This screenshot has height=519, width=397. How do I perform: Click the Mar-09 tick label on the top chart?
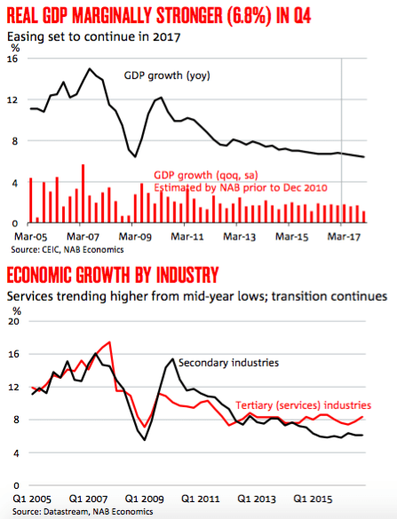coord(135,237)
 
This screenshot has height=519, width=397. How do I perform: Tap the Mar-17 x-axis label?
coord(344,237)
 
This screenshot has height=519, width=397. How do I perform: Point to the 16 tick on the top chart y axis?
coord(12,59)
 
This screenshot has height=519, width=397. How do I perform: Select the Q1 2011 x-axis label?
coord(201,499)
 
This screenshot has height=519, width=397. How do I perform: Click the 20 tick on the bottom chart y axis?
coord(13,321)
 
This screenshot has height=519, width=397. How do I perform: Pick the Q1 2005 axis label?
coord(32,499)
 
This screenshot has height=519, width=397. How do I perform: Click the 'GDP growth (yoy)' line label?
coord(167,75)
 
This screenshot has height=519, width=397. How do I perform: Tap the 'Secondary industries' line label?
coord(228,363)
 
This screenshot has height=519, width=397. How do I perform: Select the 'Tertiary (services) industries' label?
coord(303,405)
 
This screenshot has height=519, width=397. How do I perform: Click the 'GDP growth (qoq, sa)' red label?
coord(206,175)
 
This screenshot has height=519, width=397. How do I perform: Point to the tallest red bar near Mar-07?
coord(83,193)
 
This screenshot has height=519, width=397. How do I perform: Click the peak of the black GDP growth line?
coord(89,68)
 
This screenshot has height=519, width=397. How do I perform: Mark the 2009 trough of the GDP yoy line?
coord(135,156)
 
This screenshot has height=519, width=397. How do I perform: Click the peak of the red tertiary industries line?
coord(110,342)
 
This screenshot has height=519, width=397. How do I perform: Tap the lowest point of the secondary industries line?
coord(145,440)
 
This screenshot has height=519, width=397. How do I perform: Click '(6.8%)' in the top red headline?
coord(248,16)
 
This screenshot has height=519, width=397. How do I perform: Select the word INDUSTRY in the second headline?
coord(187,275)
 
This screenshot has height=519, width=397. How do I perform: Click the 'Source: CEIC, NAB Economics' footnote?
coord(67,249)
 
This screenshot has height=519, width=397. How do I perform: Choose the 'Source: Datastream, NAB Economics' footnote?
coord(83,511)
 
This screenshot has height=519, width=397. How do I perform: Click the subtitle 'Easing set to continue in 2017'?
coord(94,36)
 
